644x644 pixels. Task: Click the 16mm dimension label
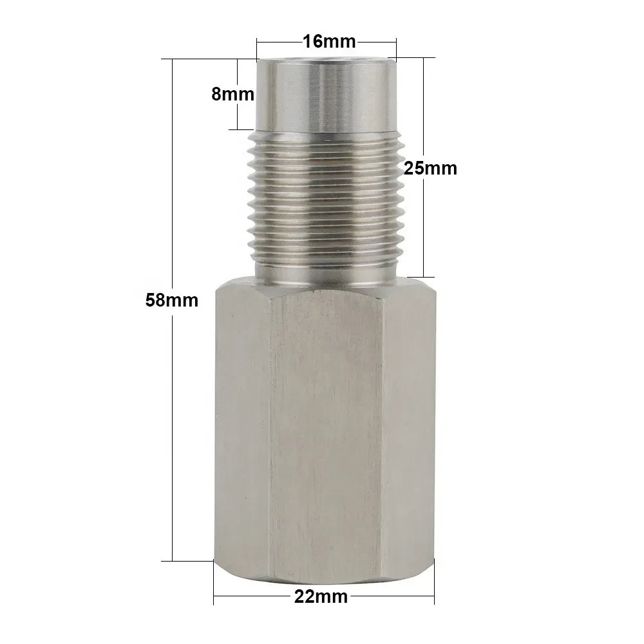(x=329, y=41)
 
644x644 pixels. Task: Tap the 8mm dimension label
(x=233, y=95)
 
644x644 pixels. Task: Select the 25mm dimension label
(x=430, y=168)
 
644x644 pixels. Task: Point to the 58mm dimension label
(x=172, y=300)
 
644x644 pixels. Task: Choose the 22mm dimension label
(x=321, y=597)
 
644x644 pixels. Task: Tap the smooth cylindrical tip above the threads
(x=327, y=93)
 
